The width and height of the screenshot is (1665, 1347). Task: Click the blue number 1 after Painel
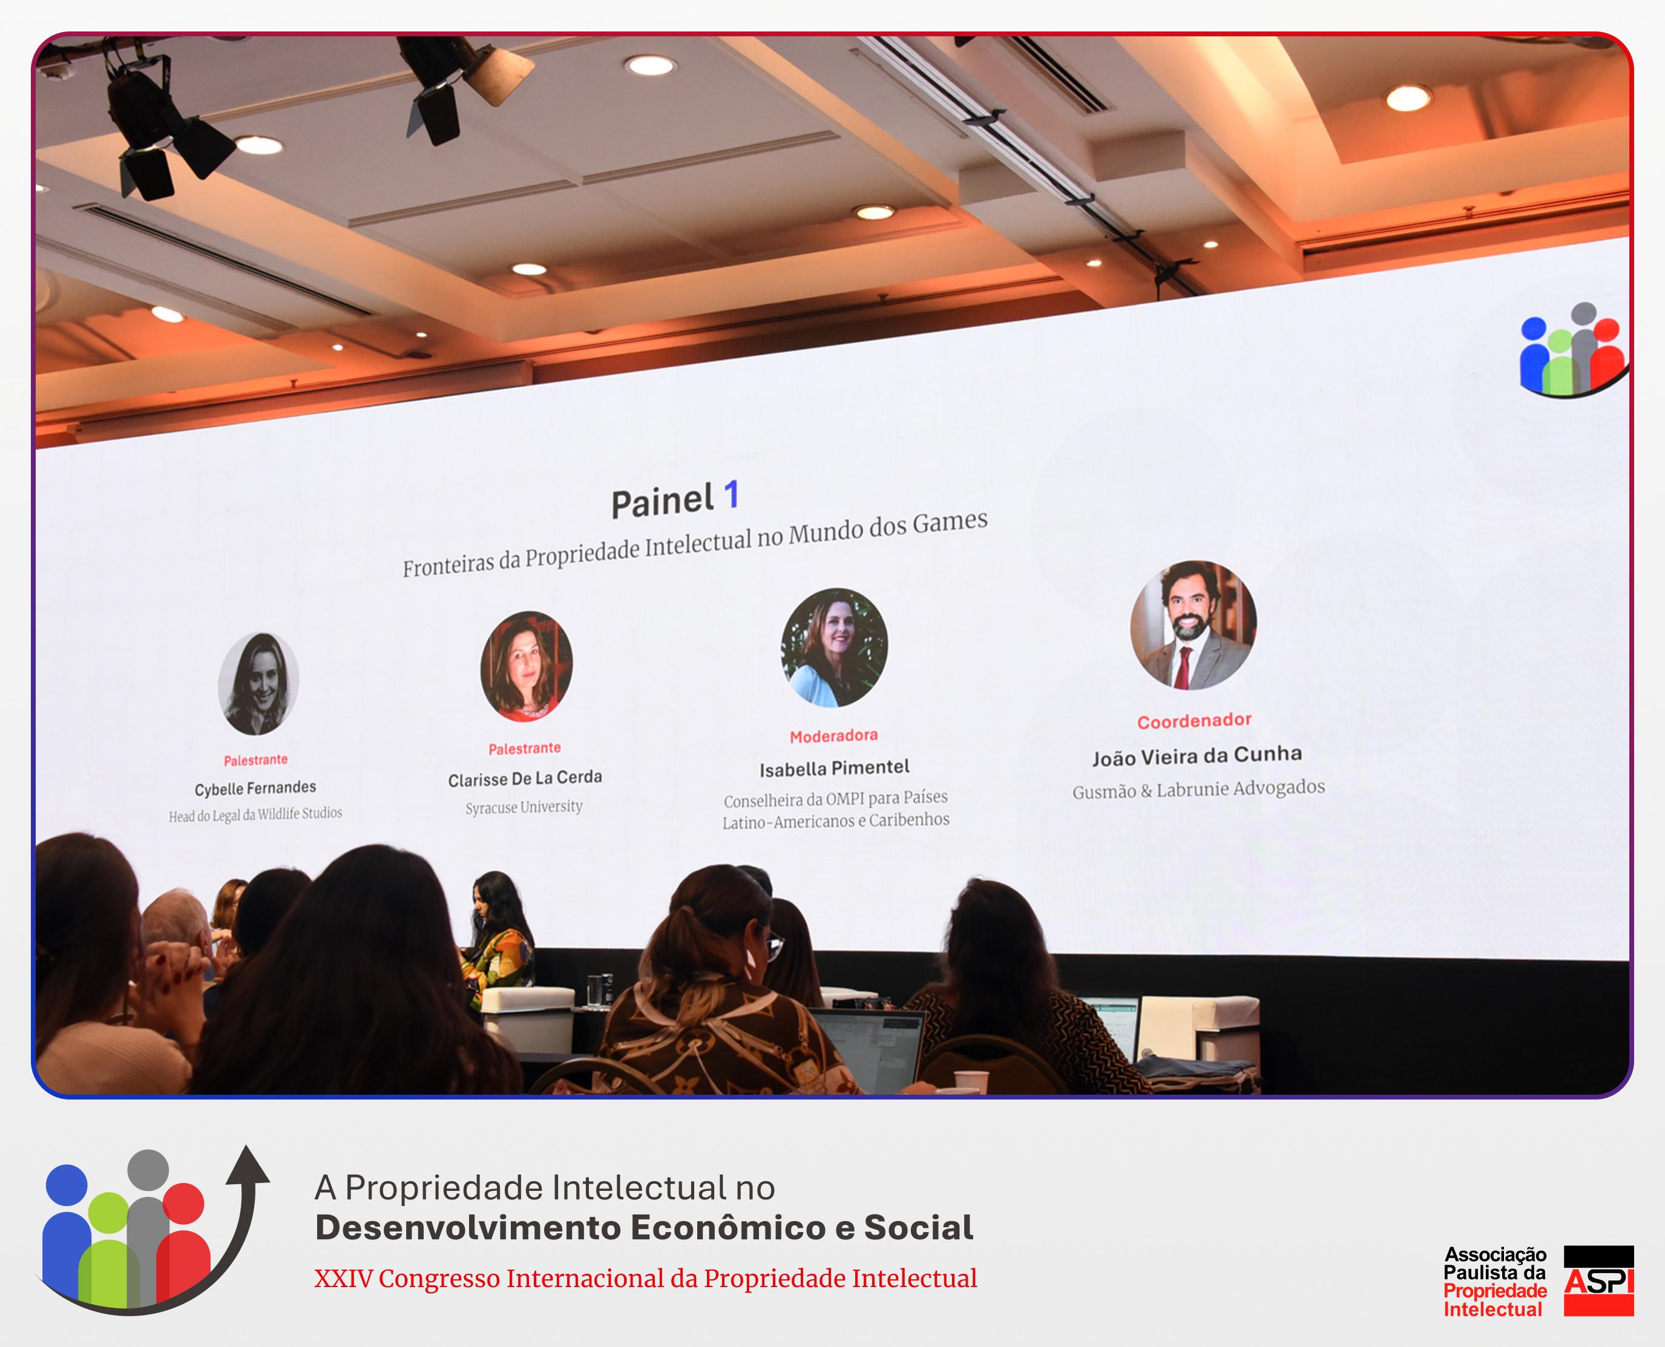pyautogui.click(x=731, y=495)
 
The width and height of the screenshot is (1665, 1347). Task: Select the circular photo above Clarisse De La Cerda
pyautogui.click(x=527, y=666)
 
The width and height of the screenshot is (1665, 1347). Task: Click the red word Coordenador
pyautogui.click(x=1194, y=721)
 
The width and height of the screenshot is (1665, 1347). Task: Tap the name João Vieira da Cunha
pyautogui.click(x=1197, y=756)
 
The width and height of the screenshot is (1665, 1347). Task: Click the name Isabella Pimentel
pyautogui.click(x=834, y=768)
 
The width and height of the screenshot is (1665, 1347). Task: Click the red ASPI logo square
pyautogui.click(x=1598, y=1280)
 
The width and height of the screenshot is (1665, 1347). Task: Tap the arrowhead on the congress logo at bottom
pyautogui.click(x=249, y=1164)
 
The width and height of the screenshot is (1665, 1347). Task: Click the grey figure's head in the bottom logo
pyautogui.click(x=148, y=1170)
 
